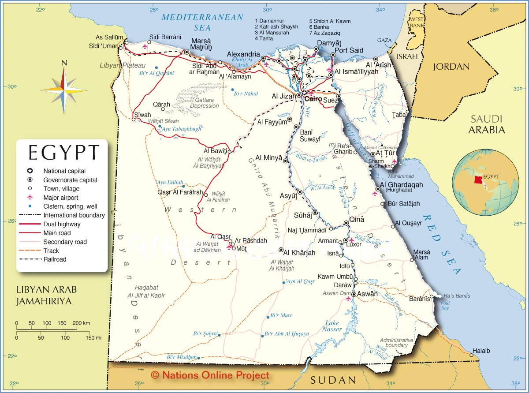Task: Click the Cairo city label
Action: click(313, 99)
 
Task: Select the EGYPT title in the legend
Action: click(64, 153)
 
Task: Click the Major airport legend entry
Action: click(61, 198)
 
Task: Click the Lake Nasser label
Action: click(332, 326)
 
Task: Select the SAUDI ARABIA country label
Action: click(487, 124)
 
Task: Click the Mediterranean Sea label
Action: click(202, 22)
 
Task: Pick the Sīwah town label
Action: click(142, 115)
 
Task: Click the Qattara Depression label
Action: click(204, 103)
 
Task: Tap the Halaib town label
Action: click(481, 351)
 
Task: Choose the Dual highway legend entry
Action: click(62, 224)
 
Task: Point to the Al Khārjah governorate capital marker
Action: click(281, 250)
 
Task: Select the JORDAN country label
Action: click(451, 67)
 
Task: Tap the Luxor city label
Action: click(354, 244)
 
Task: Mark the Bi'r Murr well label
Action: click(281, 315)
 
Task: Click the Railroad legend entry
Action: click(55, 259)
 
